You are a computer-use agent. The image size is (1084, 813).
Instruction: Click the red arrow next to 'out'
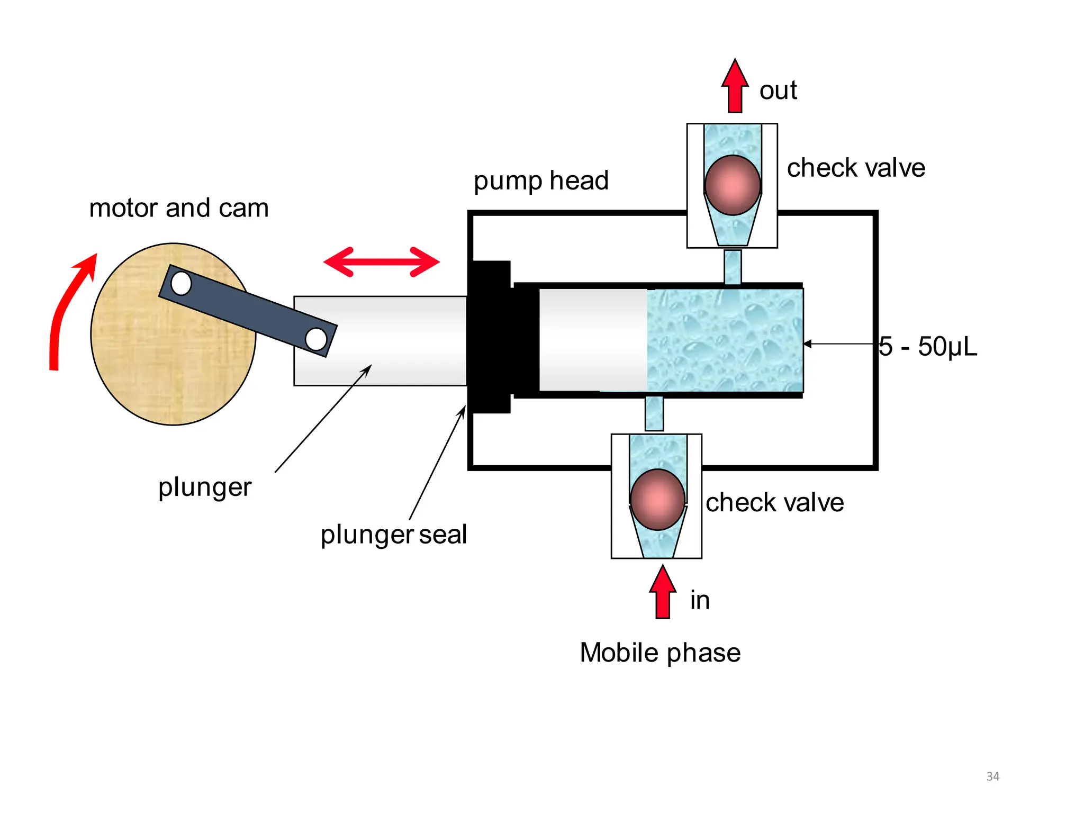coord(735,87)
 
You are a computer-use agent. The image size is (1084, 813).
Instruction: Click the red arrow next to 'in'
coord(662,593)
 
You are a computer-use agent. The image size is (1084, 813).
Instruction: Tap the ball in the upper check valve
coord(733,185)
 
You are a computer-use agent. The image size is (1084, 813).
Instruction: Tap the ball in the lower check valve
coord(657,499)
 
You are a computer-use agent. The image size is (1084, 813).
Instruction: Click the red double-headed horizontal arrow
coord(381,261)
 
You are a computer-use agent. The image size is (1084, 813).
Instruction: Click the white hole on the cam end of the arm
coord(181,283)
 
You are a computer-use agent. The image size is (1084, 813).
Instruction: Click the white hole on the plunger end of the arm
coord(316,339)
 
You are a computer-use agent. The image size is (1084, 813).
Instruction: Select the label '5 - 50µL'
coord(927,347)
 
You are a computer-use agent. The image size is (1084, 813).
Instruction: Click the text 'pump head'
coord(541,180)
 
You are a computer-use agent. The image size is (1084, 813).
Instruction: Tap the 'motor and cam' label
coord(179,208)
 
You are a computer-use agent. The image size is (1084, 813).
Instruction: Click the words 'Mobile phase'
coord(660,652)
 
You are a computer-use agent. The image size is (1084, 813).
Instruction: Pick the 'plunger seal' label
coord(393,534)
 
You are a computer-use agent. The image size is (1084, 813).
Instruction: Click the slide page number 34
coord(992,776)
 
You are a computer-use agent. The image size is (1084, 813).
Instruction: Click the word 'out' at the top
coord(778,90)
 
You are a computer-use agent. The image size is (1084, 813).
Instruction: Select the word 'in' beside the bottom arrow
coord(700,600)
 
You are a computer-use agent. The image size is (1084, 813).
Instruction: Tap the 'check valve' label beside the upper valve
coord(856,168)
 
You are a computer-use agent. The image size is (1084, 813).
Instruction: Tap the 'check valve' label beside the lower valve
coord(774,502)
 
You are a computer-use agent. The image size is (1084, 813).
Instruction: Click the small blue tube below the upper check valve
coord(733,267)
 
